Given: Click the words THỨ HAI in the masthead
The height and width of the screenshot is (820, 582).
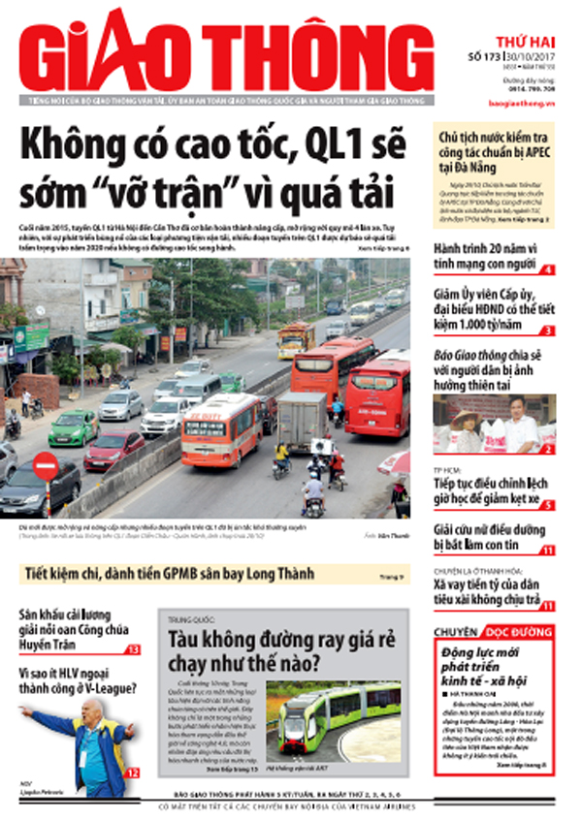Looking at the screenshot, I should coord(512,43).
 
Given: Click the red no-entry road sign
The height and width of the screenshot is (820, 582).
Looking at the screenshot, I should coord(46,466).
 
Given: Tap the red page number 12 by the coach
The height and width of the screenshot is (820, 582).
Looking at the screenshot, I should coord(133,773).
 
